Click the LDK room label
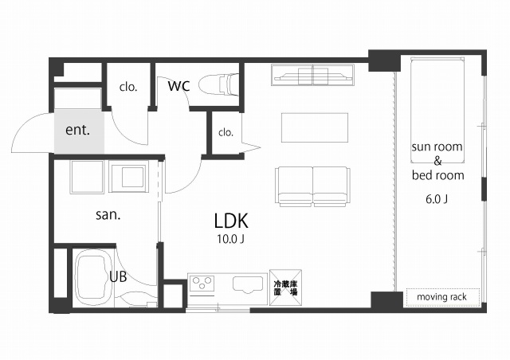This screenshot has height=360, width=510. point(231,221)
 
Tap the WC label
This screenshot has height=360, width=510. point(178,86)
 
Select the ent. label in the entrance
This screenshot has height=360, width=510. point(77,130)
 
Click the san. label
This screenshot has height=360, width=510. point(108,214)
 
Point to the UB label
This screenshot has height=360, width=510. point(118,277)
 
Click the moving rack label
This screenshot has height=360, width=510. point(441,297)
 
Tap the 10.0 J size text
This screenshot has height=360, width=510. point(230,240)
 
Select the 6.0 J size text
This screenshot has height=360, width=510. point(437,199)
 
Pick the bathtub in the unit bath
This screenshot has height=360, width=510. point(94,279)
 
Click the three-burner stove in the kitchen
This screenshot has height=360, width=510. point(202,283)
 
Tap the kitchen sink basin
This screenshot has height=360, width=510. point(248,284)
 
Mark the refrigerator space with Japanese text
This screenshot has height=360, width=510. point(285,288)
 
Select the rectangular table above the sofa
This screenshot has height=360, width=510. point(315,127)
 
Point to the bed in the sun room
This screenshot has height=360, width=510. point(437,111)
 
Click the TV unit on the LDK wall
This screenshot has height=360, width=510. point(312,75)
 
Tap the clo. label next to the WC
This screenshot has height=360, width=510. point(128,87)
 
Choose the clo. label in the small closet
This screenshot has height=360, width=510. point(226,132)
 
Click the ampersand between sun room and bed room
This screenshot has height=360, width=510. point(437,161)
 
